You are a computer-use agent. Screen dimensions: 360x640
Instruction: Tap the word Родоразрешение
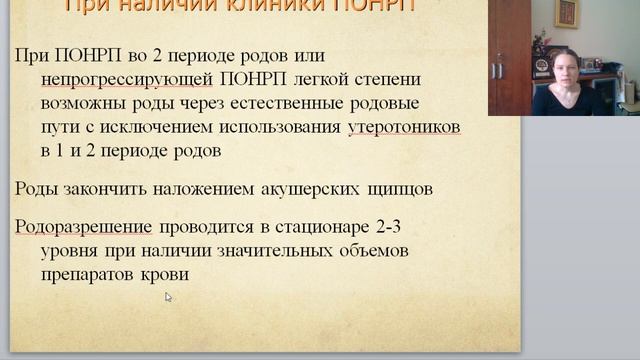pyautogui.click(x=83, y=225)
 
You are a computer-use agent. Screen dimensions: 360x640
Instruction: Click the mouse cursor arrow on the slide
pyautogui.click(x=169, y=297)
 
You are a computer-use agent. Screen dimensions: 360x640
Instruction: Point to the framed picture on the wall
pyautogui.click(x=567, y=13)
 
